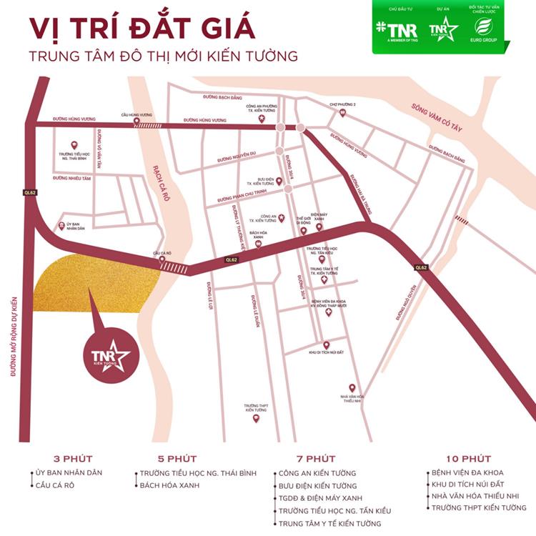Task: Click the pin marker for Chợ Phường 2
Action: (342, 114)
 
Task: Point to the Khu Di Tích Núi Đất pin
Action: (326, 344)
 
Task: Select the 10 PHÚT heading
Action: (467, 459)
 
